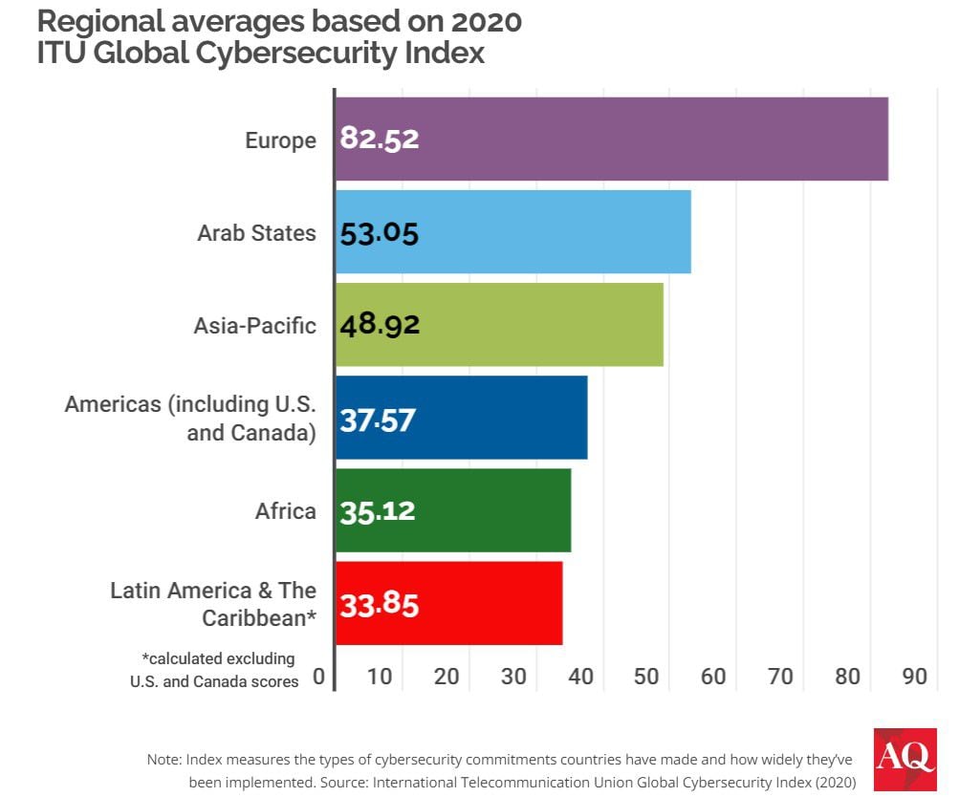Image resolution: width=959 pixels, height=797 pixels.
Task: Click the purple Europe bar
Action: pyautogui.click(x=612, y=139)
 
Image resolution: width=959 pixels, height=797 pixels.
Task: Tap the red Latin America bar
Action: pyautogui.click(x=449, y=604)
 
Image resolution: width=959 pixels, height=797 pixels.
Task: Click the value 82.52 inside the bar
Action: pyautogui.click(x=380, y=140)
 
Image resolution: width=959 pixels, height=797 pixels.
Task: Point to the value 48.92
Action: pyautogui.click(x=380, y=325)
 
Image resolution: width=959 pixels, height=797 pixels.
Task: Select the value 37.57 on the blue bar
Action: pyautogui.click(x=378, y=419)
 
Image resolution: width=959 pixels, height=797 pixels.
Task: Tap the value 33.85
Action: pyautogui.click(x=380, y=604)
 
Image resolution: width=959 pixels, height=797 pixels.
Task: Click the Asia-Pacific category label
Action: pyautogui.click(x=254, y=325)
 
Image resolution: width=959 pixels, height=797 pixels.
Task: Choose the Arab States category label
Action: pyautogui.click(x=256, y=232)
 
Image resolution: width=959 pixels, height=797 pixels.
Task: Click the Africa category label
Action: pyautogui.click(x=285, y=511)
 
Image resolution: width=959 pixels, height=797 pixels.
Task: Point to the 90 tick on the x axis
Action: pyautogui.click(x=914, y=677)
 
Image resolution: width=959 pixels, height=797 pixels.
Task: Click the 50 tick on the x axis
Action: pyautogui.click(x=647, y=677)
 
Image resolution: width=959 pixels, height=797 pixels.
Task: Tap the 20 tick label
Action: pyautogui.click(x=447, y=677)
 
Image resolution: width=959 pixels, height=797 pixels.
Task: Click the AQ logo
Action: pyautogui.click(x=905, y=759)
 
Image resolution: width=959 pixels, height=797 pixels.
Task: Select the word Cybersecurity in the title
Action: pyautogui.click(x=309, y=52)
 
